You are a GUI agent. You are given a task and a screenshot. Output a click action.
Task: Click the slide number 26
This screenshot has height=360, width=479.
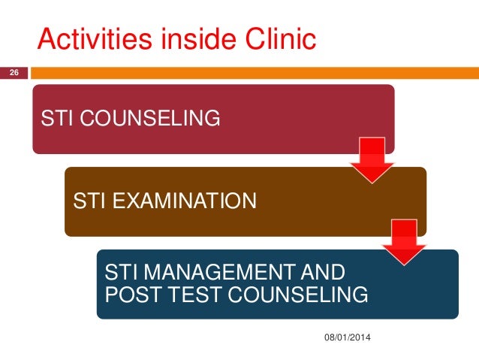tap(13, 73)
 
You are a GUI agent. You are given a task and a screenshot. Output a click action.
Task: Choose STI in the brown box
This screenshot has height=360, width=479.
tap(89, 201)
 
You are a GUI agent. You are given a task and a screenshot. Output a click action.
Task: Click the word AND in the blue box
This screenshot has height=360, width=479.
tap(322, 271)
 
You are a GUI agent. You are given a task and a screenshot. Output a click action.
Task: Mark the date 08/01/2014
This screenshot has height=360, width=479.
tap(347, 343)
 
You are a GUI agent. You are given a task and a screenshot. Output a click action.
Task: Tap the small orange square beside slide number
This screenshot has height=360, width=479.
tap(35, 74)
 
